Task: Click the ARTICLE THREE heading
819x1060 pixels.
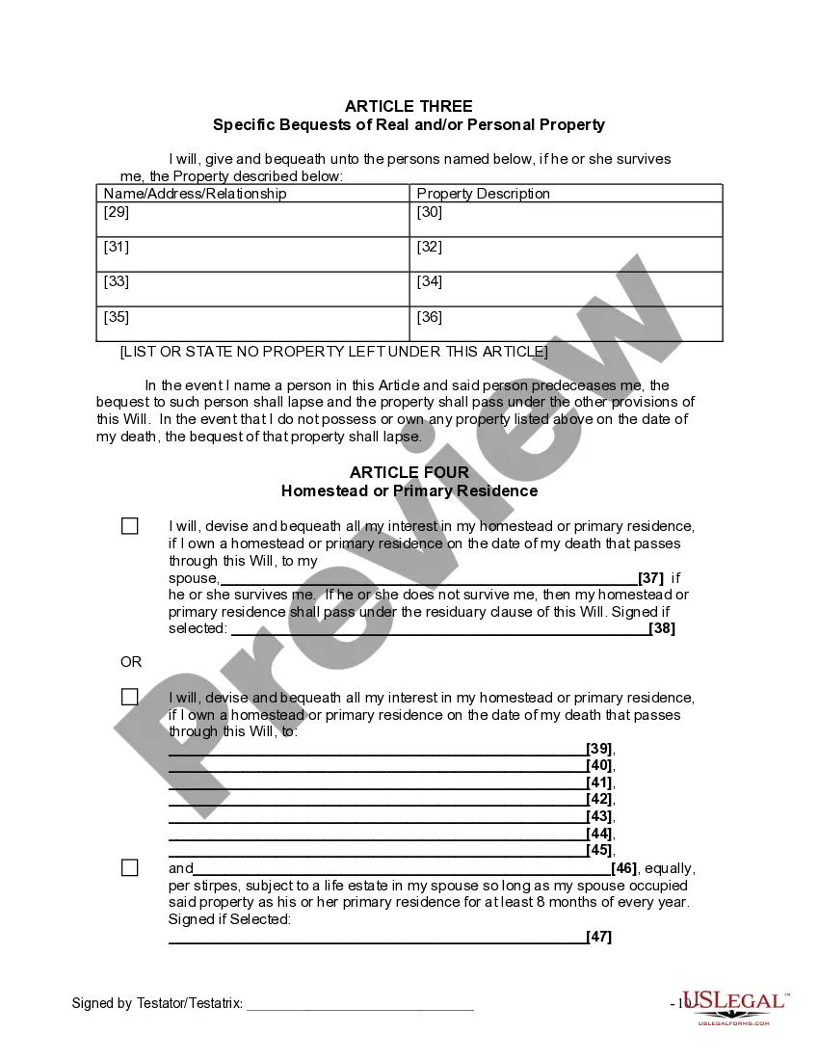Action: [x=409, y=106]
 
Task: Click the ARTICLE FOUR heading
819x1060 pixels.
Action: [x=409, y=472]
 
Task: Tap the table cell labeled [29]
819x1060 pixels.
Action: [x=252, y=220]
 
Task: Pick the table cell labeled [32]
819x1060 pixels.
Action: [x=566, y=254]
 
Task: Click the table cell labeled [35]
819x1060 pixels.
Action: [x=252, y=324]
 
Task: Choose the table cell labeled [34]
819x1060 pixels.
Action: [x=566, y=289]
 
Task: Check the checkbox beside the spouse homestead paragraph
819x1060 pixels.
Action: [x=130, y=526]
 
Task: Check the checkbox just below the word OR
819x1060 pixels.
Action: [x=130, y=697]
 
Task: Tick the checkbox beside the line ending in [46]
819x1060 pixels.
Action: [x=130, y=867]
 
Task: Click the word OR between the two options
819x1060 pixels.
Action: [x=131, y=662]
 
